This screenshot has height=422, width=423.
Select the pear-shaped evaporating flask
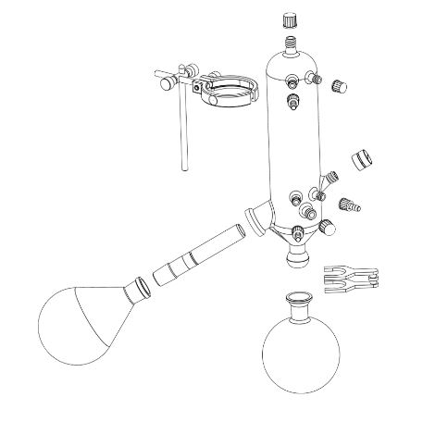coord(82,320)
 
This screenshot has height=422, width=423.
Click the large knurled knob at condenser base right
coord(327,227)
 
